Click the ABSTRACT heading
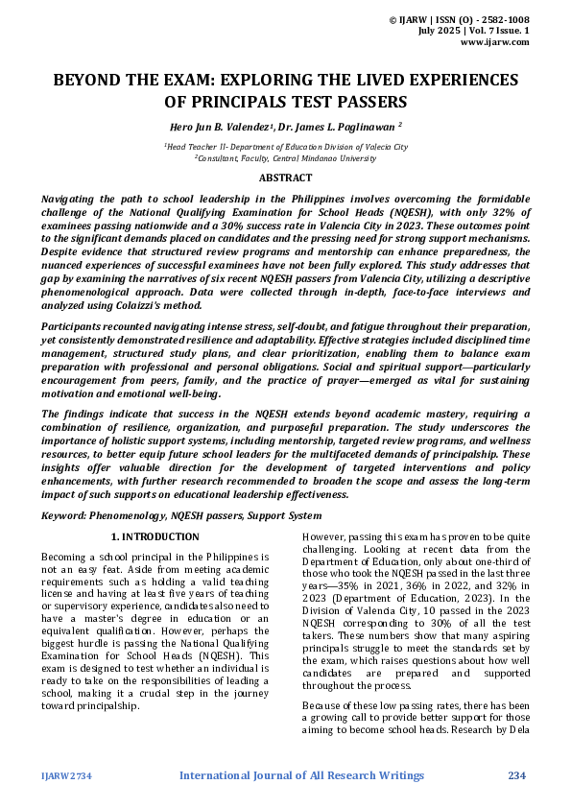coord(285,178)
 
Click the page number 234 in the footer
coord(517,775)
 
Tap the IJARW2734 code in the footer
coord(64,776)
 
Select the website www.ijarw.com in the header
coord(495,42)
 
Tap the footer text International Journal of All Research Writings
coord(301,775)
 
